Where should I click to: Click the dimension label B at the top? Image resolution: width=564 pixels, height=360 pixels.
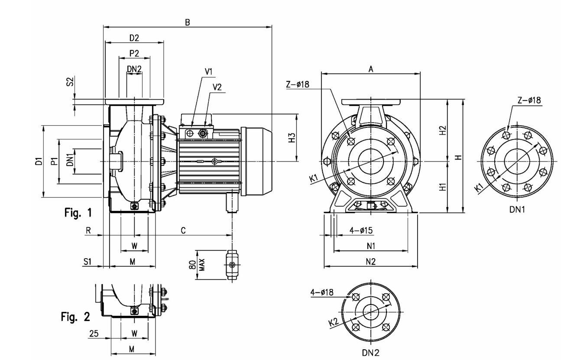[187, 22]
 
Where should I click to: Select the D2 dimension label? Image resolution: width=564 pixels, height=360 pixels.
[134, 38]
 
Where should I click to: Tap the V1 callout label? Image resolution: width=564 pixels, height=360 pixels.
[208, 71]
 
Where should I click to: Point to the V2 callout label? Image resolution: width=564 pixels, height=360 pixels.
[217, 87]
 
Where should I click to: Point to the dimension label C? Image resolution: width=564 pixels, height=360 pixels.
[183, 231]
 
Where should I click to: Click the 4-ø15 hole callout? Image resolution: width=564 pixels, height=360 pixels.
[361, 230]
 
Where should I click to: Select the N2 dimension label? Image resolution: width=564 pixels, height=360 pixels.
[370, 261]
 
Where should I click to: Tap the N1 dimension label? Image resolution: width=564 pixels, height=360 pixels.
[371, 246]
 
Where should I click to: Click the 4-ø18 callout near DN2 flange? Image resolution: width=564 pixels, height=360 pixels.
[321, 292]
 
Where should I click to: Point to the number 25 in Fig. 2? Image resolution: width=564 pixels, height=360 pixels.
[94, 334]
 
